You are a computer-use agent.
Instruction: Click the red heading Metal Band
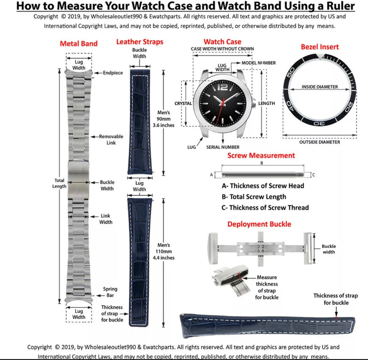[78, 44]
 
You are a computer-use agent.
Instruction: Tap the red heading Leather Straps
[139, 42]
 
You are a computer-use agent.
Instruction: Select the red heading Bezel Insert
[319, 47]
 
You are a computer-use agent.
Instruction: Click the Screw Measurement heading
[261, 156]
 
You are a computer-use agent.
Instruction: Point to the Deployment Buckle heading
[259, 224]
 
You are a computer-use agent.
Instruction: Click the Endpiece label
[113, 73]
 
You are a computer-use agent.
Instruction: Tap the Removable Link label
[111, 139]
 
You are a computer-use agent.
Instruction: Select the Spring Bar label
[110, 292]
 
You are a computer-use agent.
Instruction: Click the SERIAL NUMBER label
[223, 147]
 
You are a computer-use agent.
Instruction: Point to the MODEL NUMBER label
[258, 63]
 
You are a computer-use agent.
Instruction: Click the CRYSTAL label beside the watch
[183, 103]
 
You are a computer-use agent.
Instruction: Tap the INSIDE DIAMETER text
[319, 87]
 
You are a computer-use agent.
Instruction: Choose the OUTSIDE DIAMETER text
[319, 142]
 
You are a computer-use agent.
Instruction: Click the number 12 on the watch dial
[223, 87]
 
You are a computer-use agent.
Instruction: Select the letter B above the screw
[262, 163]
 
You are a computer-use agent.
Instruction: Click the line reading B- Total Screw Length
[254, 197]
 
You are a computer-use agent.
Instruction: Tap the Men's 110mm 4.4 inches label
[166, 251]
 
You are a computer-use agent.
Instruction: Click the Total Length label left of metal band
[59, 183]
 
